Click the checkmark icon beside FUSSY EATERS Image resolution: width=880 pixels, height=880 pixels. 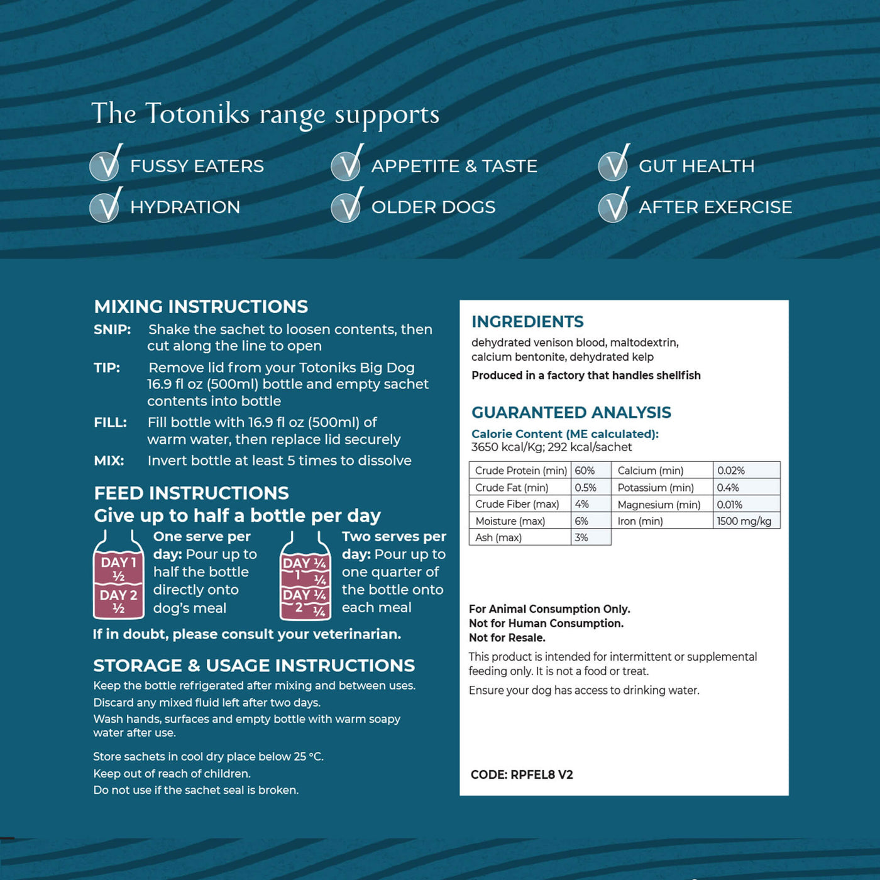point(106,165)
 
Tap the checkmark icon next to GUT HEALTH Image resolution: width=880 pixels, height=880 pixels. point(613,165)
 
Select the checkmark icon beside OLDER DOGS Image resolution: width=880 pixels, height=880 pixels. point(346,206)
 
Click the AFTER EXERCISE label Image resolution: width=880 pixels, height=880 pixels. point(715,207)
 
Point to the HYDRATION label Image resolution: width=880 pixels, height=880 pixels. point(185,207)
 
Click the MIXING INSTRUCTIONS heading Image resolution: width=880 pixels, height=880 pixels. point(201,307)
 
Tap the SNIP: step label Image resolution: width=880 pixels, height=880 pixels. point(113,329)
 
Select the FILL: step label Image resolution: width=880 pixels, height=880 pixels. point(111,422)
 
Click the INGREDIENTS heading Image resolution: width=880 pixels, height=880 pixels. point(527,322)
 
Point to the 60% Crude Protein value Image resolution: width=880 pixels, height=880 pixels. point(585,471)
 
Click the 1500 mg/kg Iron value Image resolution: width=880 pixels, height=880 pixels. point(744,521)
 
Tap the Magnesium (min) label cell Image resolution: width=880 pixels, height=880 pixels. point(659,505)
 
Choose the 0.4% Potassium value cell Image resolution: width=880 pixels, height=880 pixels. point(728,488)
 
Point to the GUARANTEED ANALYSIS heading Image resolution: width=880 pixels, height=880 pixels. point(571,412)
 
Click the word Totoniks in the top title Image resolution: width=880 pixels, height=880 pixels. point(197,114)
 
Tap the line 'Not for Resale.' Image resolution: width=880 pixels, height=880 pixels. point(507,637)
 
